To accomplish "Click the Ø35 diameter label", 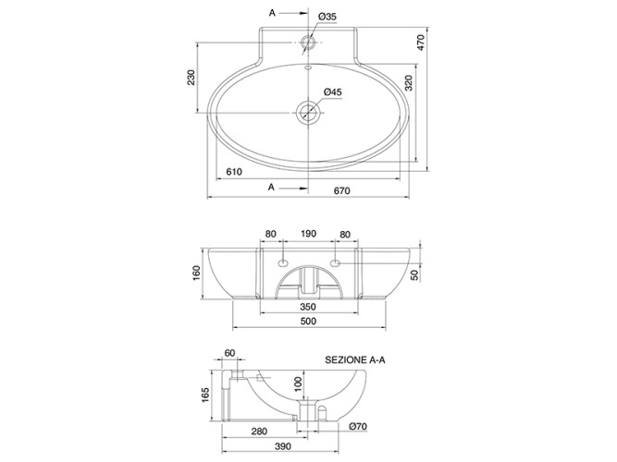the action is pos(327,17).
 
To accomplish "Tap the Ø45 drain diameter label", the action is pos(333,92).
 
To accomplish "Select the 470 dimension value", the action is pos(421,43).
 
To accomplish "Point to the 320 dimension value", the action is pos(409,83).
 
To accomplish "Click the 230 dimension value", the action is pos(191,78).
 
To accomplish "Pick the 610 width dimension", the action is pos(234,172).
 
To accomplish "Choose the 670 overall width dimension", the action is pos(341,190).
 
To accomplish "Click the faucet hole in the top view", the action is pos(308,43).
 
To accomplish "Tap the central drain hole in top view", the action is pos(308,113).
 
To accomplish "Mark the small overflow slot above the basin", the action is pos(308,67).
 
